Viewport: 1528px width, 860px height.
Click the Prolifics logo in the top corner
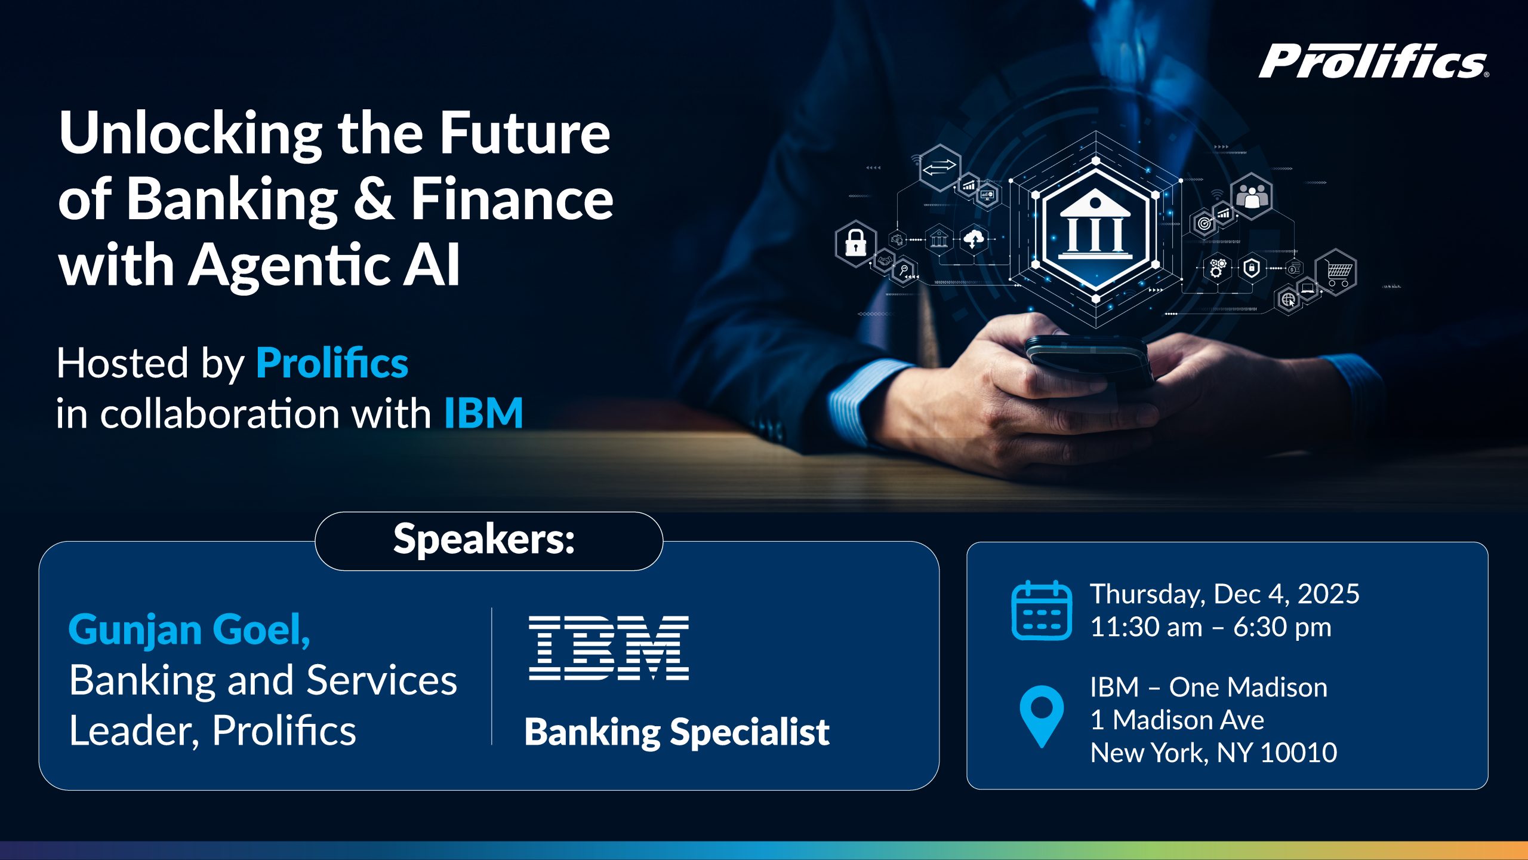[1373, 61]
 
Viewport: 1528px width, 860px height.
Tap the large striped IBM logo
[609, 648]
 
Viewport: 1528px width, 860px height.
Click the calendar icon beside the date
[1042, 610]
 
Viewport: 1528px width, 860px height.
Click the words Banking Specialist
[676, 732]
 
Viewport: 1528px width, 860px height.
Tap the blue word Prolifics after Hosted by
[332, 363]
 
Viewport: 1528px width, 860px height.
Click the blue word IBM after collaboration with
[483, 413]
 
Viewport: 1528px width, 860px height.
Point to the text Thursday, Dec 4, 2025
[1224, 594]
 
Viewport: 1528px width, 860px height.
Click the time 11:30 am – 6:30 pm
[1210, 627]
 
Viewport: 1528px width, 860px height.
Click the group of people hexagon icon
[1252, 196]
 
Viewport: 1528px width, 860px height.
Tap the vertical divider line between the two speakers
[492, 676]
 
